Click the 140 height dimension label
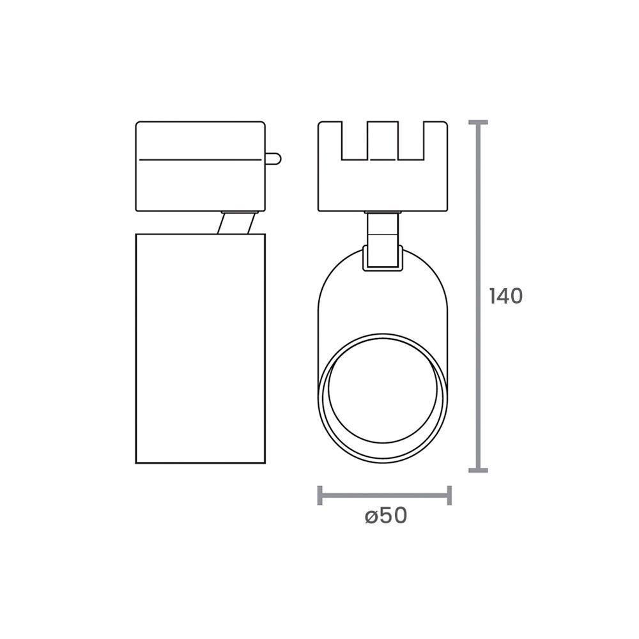(x=505, y=296)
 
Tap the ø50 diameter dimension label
(x=386, y=516)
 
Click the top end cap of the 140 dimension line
(x=478, y=121)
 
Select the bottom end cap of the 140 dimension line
(x=478, y=470)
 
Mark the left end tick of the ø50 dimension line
(x=319, y=495)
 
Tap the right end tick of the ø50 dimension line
(x=450, y=495)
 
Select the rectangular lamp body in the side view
(x=201, y=348)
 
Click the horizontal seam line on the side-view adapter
(x=201, y=158)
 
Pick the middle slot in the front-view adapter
(x=383, y=142)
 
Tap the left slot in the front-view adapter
(x=354, y=142)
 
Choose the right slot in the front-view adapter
(x=411, y=142)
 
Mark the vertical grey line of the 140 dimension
(x=478, y=383)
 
